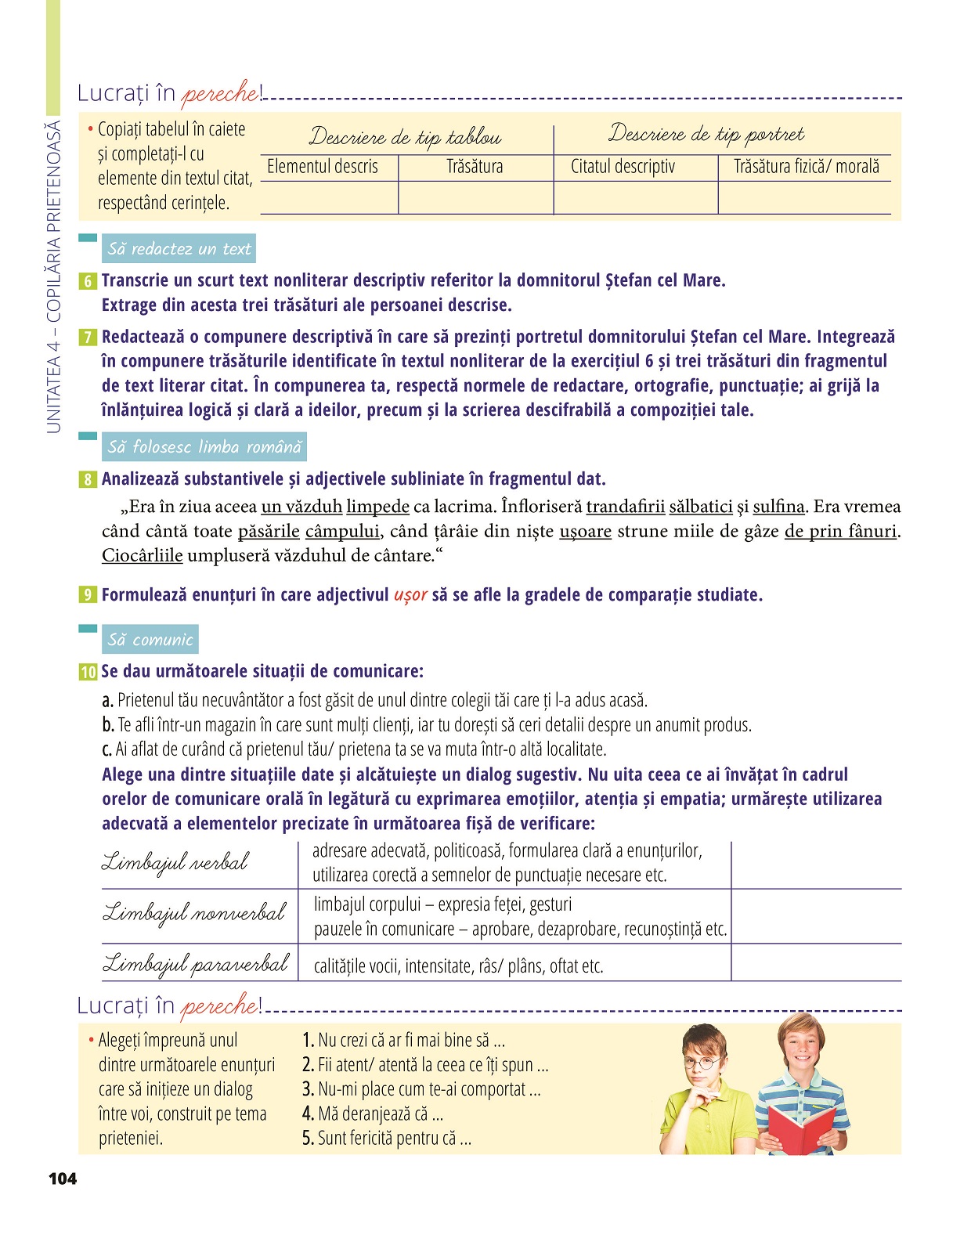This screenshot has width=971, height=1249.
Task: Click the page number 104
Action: click(63, 1179)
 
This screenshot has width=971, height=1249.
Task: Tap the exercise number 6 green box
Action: click(87, 281)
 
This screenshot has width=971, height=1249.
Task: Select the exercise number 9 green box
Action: click(87, 595)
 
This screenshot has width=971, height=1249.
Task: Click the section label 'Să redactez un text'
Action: click(179, 249)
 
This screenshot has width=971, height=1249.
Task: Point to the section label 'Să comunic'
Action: click(150, 640)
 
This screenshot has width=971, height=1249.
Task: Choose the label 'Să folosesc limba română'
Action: click(204, 447)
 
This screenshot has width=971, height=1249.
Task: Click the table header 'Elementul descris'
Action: click(323, 167)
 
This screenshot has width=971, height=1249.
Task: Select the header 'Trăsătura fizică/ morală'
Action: click(806, 167)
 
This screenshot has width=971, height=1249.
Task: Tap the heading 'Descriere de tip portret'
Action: click(706, 134)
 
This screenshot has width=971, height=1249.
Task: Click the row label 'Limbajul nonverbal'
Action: click(194, 914)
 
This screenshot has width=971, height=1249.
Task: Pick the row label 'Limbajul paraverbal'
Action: click(196, 964)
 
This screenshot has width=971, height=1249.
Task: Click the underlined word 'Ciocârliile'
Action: click(142, 556)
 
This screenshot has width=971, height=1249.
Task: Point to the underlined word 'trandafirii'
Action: click(625, 507)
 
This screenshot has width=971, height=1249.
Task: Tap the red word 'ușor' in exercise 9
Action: click(410, 595)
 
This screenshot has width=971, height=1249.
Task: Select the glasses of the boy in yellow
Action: click(703, 1063)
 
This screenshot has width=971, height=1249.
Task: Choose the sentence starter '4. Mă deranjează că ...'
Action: click(373, 1114)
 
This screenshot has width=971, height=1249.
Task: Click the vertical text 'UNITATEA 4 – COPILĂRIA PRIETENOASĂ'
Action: click(53, 276)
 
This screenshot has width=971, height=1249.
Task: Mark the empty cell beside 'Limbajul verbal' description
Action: click(816, 864)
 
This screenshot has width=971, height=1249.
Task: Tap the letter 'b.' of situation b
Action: click(108, 725)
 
